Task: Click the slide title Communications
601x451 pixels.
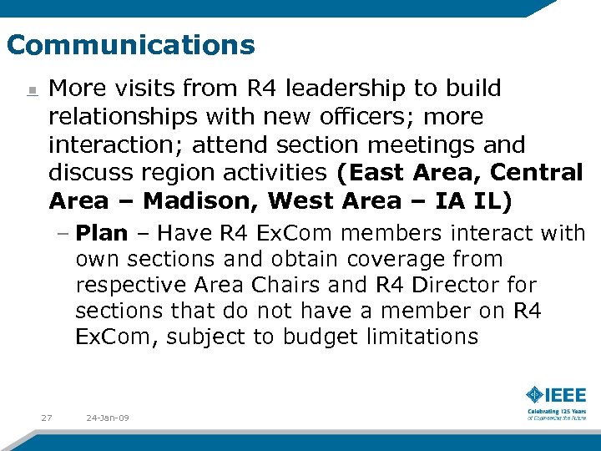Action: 130,44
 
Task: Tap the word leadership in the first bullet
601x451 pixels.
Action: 311,89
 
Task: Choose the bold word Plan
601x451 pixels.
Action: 102,233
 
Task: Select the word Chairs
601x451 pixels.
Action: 283,285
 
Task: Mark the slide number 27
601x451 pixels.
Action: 47,418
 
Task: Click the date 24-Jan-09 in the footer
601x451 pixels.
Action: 107,418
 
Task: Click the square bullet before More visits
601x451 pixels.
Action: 30,91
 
